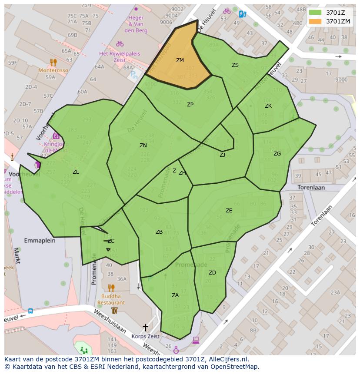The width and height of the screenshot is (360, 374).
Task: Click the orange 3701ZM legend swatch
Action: tap(316, 21)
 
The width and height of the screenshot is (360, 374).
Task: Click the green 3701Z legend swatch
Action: tap(316, 13)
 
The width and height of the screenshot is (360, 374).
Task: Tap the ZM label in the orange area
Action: tap(180, 60)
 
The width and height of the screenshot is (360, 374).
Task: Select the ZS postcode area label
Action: tap(235, 65)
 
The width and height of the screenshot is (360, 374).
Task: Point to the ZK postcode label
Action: tap(268, 106)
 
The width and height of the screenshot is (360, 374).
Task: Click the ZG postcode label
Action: tap(277, 154)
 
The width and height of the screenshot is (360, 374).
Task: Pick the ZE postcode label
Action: tap(229, 211)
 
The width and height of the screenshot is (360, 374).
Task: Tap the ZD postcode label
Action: tap(212, 273)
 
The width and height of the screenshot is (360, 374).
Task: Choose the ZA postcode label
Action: tap(175, 295)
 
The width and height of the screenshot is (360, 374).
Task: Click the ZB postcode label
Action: tap(159, 232)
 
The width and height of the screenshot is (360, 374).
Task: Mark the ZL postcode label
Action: tap(76, 172)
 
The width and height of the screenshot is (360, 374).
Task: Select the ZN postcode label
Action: tap(143, 146)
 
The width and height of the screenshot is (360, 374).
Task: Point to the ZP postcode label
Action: tap(190, 105)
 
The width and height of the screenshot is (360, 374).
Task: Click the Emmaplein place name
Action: tap(40, 240)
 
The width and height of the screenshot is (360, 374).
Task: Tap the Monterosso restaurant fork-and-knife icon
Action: tap(53, 62)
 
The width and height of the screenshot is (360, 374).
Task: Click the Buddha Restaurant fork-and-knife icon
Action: tap(111, 288)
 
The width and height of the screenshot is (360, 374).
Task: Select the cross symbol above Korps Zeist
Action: tap(145, 327)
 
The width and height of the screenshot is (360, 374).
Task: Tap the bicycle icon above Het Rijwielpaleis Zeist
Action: tap(120, 44)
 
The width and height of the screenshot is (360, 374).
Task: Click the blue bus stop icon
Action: tap(30, 311)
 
